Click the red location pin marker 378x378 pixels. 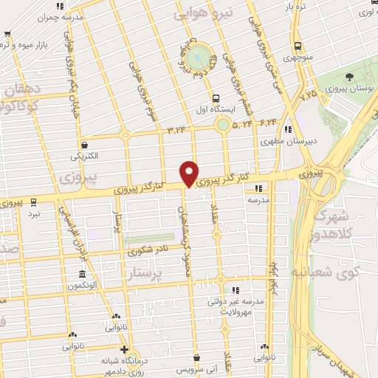tap(190, 173)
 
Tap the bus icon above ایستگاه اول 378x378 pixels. tap(215, 97)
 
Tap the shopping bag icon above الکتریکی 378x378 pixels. tap(87, 145)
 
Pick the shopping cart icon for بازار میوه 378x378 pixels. tap(7, 34)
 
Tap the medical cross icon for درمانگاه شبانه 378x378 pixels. tap(124, 350)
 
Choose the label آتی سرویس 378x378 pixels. tap(196, 366)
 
